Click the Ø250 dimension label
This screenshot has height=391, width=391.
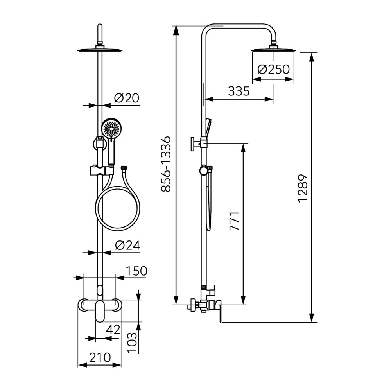pyautogui.click(x=274, y=69)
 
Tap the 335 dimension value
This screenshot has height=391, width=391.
pyautogui.click(x=239, y=91)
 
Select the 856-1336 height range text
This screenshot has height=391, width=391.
pyautogui.click(x=166, y=164)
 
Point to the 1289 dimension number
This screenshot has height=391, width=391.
pyautogui.click(x=303, y=188)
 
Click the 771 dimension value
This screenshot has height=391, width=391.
pyautogui.click(x=234, y=221)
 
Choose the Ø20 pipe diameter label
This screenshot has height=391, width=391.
pyautogui.click(x=126, y=98)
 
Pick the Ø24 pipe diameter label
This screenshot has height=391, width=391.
pyautogui.click(x=127, y=246)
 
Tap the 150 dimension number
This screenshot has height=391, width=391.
pyautogui.click(x=136, y=271)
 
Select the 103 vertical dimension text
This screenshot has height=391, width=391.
pyautogui.click(x=132, y=343)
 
